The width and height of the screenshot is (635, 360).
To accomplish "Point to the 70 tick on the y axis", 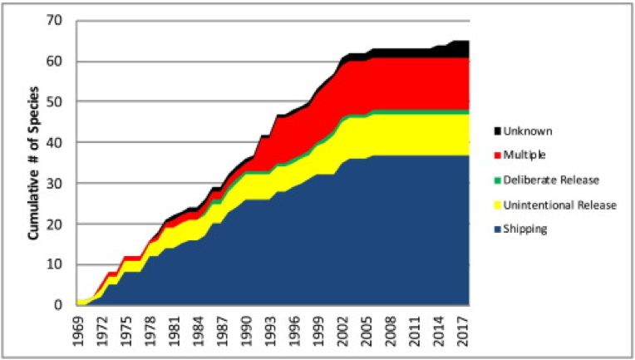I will pos(56,21).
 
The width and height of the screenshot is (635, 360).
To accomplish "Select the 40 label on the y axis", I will pos(56,142).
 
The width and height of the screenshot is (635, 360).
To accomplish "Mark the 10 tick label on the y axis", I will pos(56,264).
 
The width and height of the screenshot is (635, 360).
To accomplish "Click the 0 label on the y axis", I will pos(59,305).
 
